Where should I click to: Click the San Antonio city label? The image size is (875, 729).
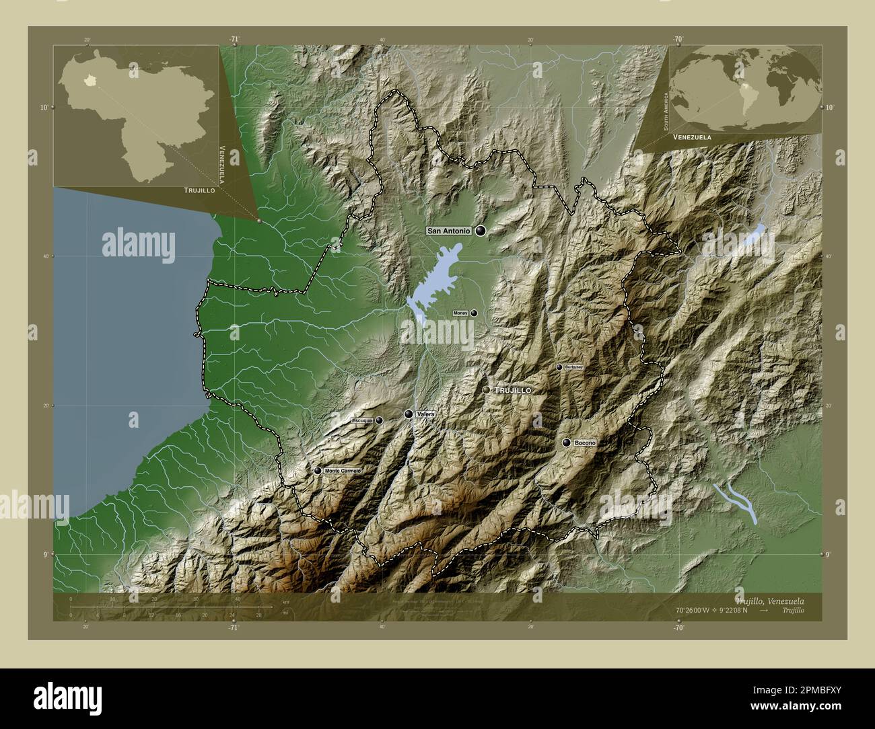448,231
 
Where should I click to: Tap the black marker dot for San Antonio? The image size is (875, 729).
481,231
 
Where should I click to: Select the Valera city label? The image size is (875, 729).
425,414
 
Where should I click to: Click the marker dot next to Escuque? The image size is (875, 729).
379,420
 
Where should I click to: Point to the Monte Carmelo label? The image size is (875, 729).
343,471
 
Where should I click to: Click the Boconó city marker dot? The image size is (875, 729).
567,443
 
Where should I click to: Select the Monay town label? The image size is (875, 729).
460,313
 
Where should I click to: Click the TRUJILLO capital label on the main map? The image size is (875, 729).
514,390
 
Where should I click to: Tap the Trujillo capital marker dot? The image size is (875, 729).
487,390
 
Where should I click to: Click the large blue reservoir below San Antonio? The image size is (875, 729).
431,282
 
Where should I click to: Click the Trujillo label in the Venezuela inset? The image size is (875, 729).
199,191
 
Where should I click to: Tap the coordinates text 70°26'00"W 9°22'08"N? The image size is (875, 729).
717,610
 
